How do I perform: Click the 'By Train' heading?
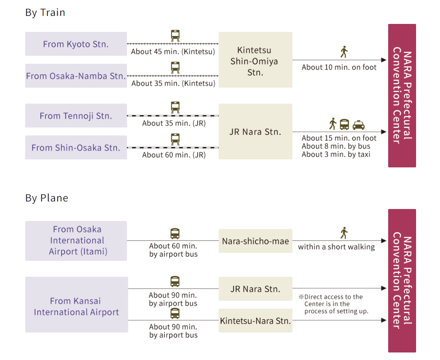[x=45, y=12]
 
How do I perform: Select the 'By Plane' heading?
[x=47, y=198]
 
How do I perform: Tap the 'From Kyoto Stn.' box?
[x=76, y=44]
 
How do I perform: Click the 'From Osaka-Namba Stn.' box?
[x=76, y=76]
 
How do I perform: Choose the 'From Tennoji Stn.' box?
[x=76, y=116]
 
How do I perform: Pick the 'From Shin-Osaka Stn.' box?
[x=76, y=147]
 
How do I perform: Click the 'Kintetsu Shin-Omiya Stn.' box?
[x=255, y=60]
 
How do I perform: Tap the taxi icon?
[x=358, y=125]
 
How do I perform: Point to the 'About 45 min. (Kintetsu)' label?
[x=173, y=51]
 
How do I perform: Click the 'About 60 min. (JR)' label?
[x=174, y=155]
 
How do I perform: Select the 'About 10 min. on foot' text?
[x=339, y=67]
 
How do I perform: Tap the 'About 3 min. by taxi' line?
[x=336, y=154]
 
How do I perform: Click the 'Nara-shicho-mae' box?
[x=255, y=241]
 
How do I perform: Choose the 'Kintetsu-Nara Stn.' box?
[x=255, y=321]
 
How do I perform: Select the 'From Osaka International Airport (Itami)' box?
[x=76, y=240]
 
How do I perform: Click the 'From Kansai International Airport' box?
[x=76, y=306]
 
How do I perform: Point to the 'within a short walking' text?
[x=336, y=247]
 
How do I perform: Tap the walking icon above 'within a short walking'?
[x=343, y=232]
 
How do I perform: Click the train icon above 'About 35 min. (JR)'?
[x=175, y=108]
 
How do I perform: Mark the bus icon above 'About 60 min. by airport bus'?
[x=175, y=233]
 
